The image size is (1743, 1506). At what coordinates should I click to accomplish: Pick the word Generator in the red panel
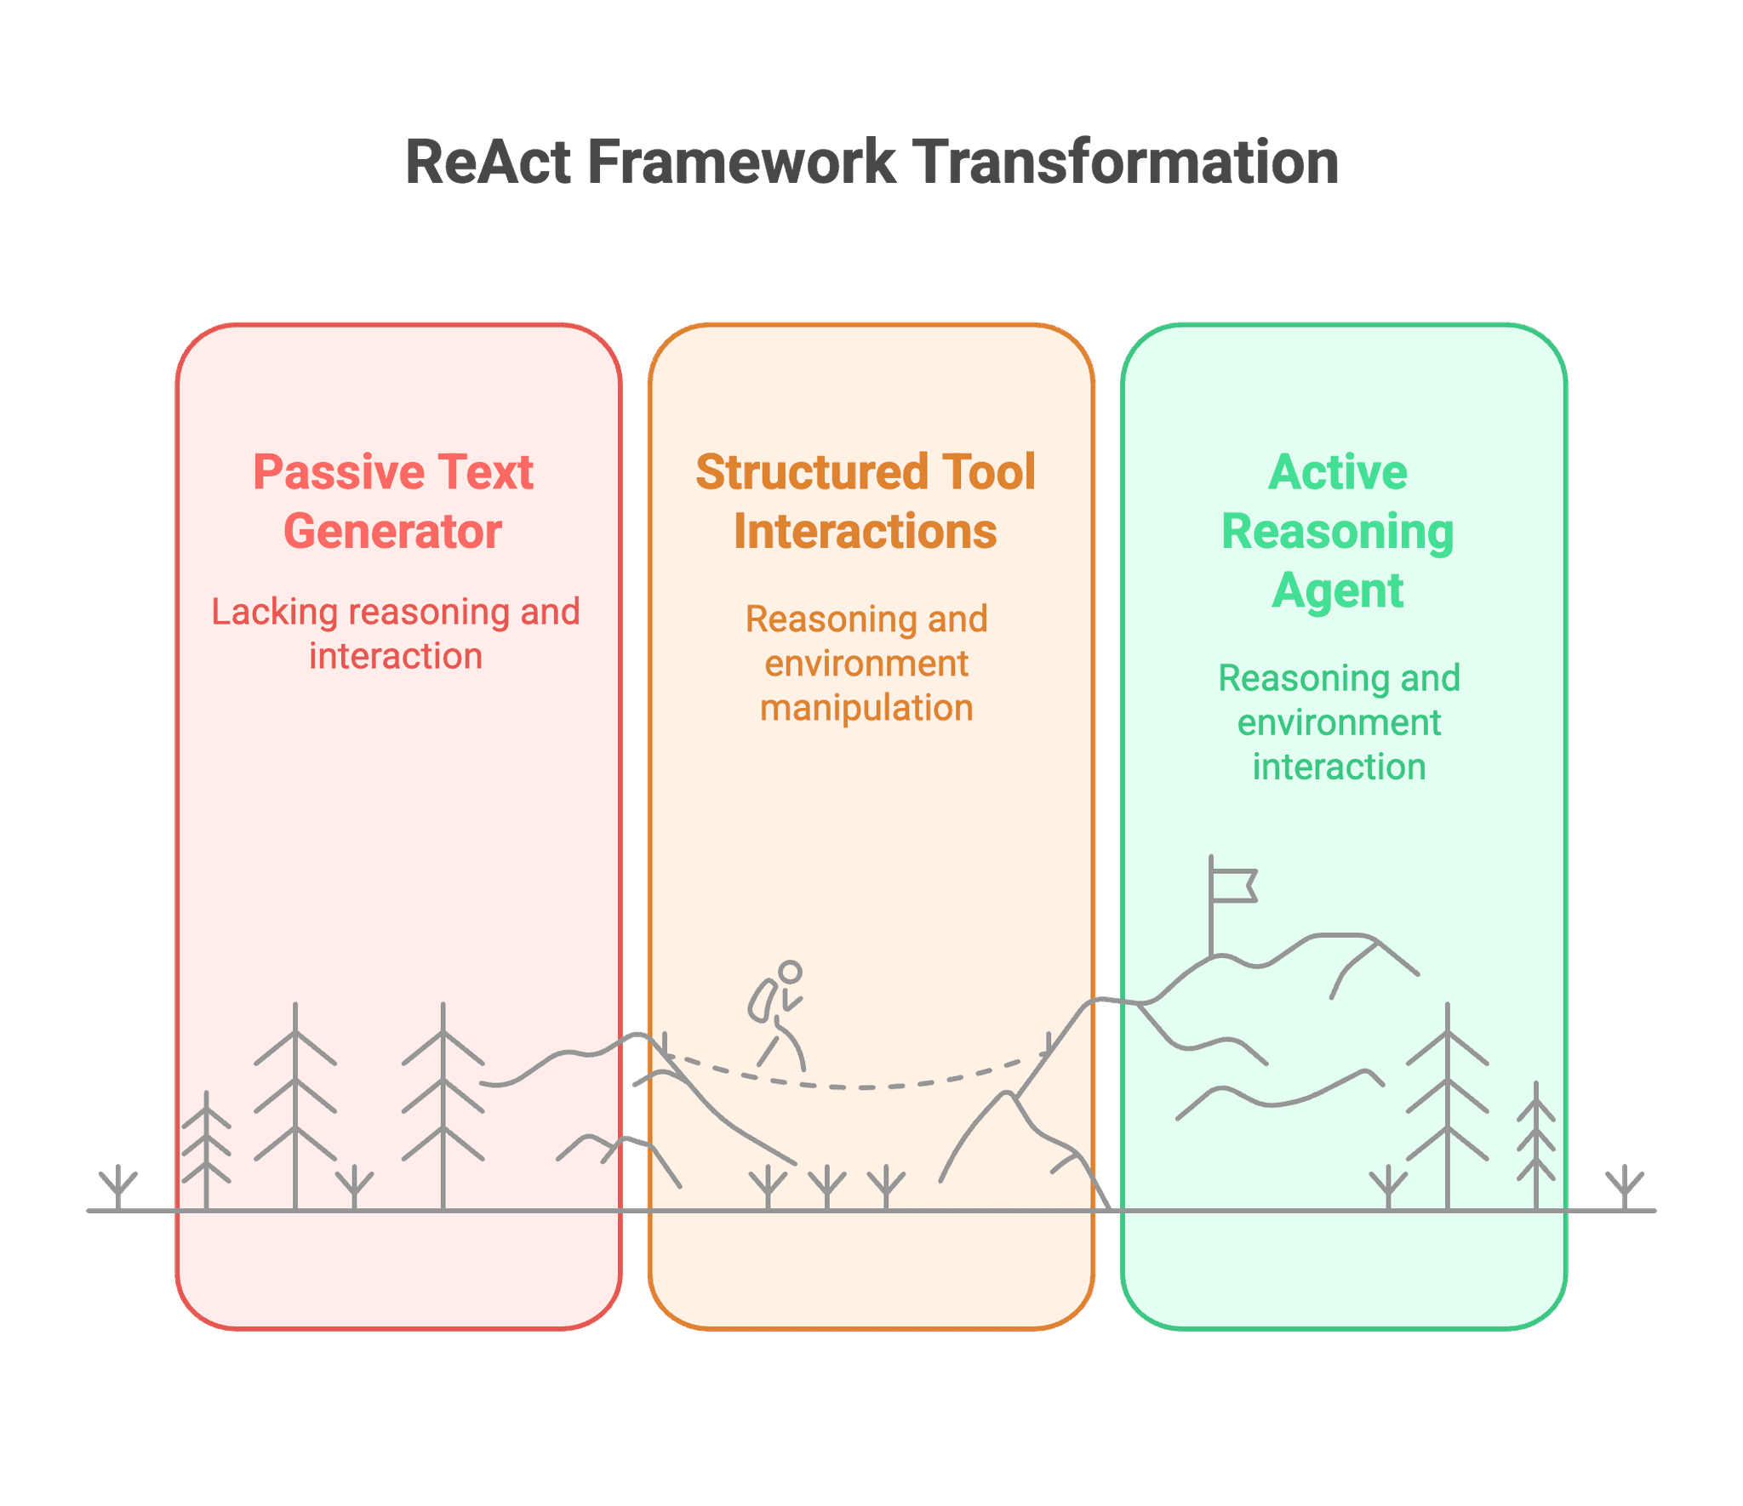coord(392,532)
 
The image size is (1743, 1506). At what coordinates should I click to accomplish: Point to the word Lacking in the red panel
coord(263,612)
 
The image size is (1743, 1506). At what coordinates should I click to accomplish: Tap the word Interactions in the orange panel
coord(865,532)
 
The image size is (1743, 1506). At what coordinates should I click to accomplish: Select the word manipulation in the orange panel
coord(866,708)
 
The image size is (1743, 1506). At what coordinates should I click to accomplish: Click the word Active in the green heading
coord(1338,472)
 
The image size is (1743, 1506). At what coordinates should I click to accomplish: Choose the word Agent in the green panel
coord(1338,590)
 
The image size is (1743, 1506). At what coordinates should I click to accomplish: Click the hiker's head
coord(790,972)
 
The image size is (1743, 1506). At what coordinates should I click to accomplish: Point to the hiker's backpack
coord(762,1001)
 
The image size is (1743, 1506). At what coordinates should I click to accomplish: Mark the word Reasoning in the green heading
coord(1338,532)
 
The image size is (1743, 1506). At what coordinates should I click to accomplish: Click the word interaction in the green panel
coord(1339,767)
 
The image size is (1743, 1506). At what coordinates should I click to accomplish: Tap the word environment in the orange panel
coord(866,664)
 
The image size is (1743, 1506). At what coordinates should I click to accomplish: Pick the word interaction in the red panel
coord(396,657)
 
